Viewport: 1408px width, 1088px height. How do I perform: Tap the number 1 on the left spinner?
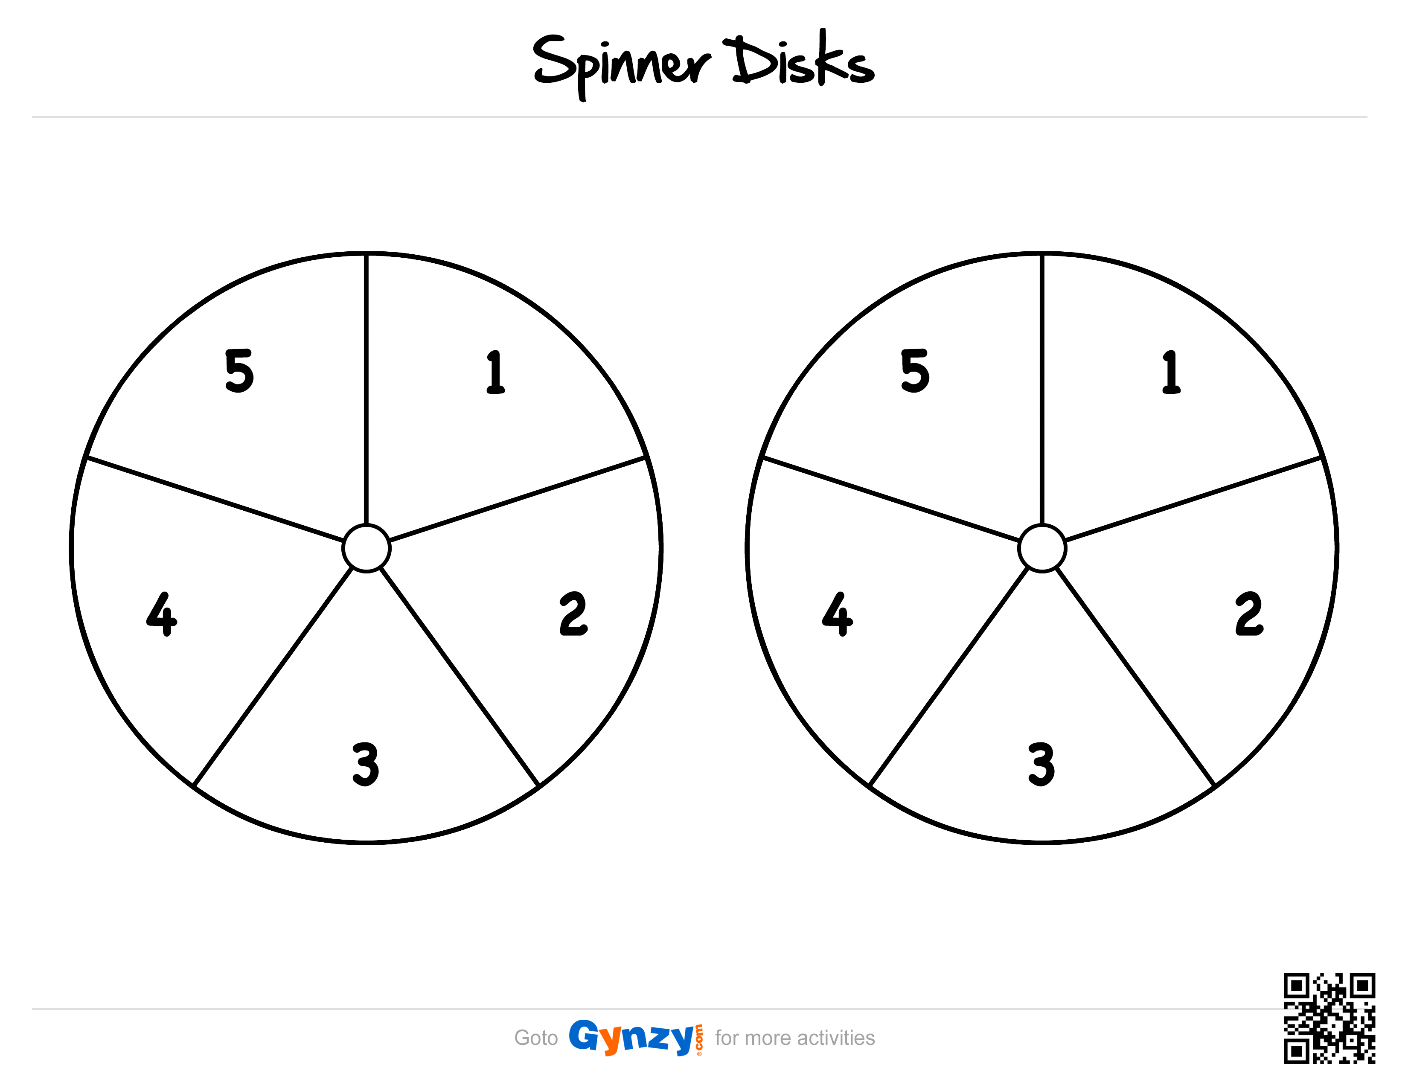pyautogui.click(x=495, y=372)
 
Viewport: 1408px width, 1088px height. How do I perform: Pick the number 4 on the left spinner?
pyautogui.click(x=162, y=614)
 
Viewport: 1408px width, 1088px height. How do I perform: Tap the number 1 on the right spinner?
pyautogui.click(x=1171, y=372)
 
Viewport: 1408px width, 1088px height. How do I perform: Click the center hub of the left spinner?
pyautogui.click(x=366, y=548)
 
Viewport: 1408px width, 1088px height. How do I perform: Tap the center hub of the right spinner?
pyautogui.click(x=1042, y=548)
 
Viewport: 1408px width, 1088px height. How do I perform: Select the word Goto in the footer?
pyautogui.click(x=536, y=1038)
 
